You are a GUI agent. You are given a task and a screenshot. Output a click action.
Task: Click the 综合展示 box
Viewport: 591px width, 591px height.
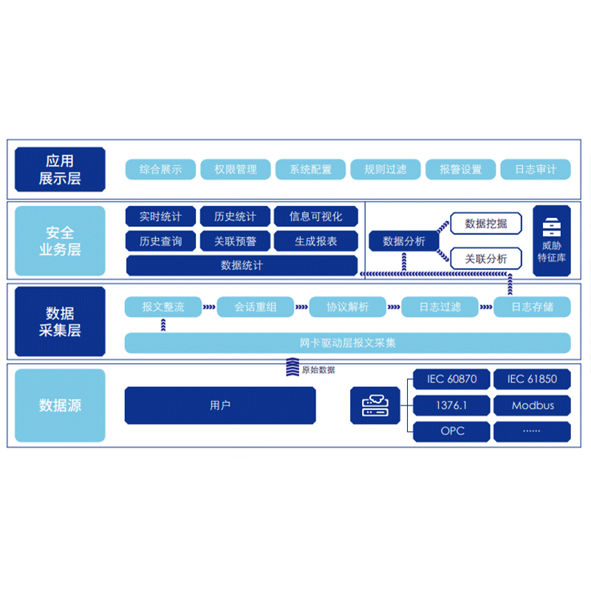click(160, 169)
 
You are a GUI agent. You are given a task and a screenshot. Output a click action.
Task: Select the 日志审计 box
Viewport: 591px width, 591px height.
click(536, 169)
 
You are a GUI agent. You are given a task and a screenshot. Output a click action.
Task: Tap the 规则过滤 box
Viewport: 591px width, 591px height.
click(385, 169)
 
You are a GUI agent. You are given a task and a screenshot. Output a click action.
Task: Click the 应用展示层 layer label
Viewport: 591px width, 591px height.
click(60, 169)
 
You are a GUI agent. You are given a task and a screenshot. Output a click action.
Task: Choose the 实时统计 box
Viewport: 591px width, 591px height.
click(160, 216)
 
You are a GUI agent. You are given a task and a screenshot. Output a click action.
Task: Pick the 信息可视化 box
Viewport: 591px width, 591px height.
click(315, 216)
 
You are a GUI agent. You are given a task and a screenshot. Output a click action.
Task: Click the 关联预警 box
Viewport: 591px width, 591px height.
click(235, 241)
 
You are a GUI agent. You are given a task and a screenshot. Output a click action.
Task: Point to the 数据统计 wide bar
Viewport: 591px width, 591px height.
click(242, 265)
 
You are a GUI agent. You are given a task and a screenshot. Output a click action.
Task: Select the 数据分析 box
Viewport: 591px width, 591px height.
click(404, 241)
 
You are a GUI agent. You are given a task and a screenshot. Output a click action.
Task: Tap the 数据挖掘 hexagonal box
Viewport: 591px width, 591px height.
click(485, 223)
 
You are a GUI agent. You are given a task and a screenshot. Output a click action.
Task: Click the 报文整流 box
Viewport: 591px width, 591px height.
click(163, 307)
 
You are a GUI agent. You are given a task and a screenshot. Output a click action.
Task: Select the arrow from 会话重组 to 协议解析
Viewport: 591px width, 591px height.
click(301, 307)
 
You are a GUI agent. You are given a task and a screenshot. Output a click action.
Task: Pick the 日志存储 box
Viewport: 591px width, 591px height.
click(532, 307)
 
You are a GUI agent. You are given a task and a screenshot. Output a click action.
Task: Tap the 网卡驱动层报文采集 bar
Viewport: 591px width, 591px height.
click(347, 343)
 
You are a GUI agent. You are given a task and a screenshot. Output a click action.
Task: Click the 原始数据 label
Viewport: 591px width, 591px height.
click(318, 369)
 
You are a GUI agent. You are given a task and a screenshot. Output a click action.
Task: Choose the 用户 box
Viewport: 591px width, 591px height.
click(220, 405)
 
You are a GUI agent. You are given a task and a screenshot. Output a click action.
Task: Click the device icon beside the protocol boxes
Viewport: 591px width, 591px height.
click(375, 405)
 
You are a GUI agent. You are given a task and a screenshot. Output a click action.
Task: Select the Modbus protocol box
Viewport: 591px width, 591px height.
click(532, 405)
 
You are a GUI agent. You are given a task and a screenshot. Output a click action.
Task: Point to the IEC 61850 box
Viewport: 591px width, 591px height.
click(532, 379)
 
